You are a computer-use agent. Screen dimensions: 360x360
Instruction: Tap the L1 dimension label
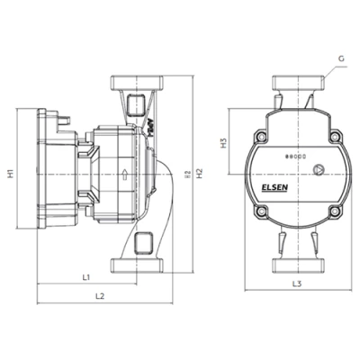pyautogui.click(x=85, y=276)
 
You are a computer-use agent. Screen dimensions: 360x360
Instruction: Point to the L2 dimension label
pyautogui.click(x=100, y=296)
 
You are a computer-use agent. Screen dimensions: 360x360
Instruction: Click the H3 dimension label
pyautogui.click(x=223, y=142)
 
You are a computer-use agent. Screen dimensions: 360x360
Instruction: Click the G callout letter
pyautogui.click(x=342, y=59)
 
